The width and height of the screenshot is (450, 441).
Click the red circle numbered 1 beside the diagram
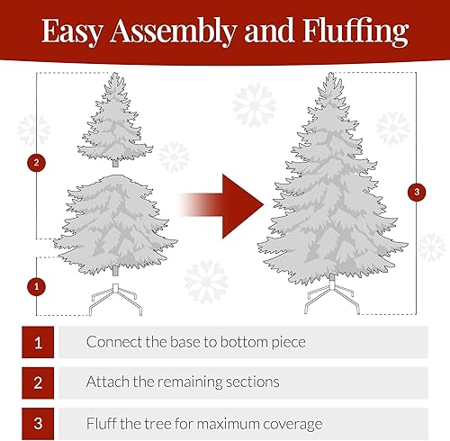tap(36, 286)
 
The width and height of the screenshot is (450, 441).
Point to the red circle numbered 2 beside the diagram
tap(36, 163)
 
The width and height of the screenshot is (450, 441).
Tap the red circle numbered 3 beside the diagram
tap(415, 192)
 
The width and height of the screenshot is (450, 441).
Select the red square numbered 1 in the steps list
tap(38, 342)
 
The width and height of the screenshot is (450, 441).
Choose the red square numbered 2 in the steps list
tap(38, 382)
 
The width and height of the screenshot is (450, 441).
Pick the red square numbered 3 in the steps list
tap(38, 422)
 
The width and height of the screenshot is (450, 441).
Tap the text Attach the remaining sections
tap(183, 382)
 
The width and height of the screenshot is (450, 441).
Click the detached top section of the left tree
tap(114, 121)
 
